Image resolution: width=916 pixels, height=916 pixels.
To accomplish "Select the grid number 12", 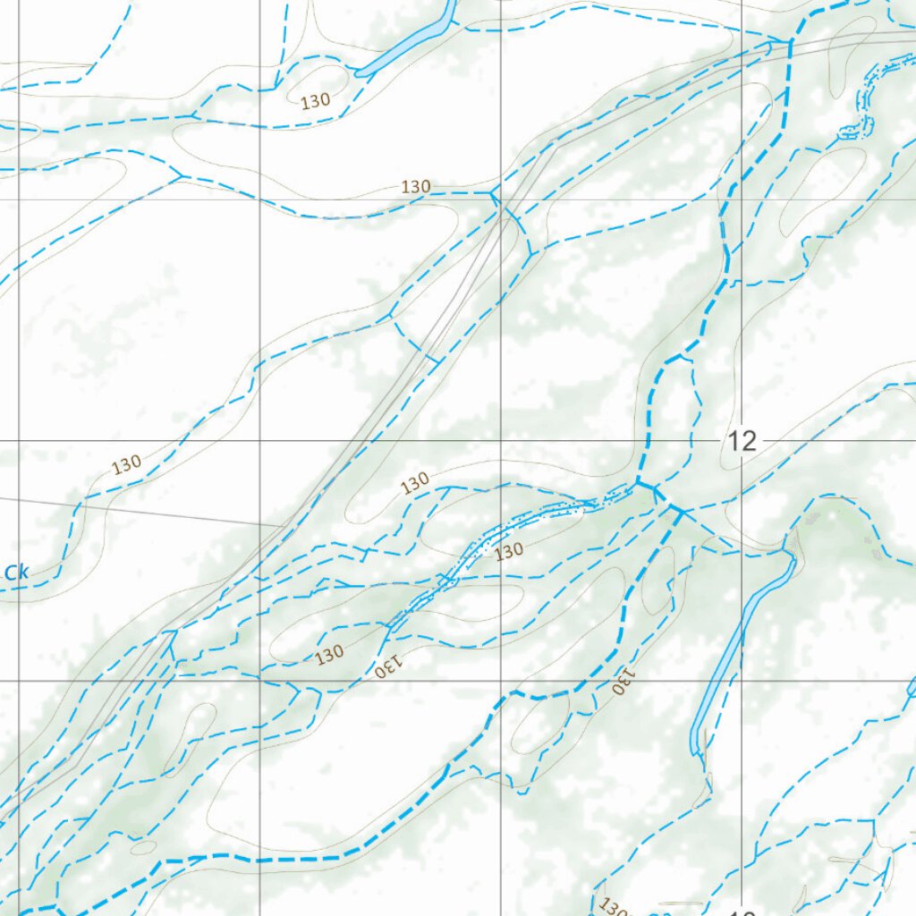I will [x=742, y=440].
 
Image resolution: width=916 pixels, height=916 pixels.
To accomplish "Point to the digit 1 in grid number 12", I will [x=734, y=440].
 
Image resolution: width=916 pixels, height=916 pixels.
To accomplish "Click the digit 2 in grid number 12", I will [x=750, y=440].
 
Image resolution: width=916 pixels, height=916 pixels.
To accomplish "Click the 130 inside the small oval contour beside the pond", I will [x=316, y=102].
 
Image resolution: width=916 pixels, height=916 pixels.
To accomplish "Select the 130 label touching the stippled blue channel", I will [x=508, y=551].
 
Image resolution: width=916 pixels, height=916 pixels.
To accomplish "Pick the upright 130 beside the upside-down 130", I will [x=329, y=655].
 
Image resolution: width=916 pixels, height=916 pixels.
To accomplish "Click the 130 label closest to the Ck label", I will [x=126, y=465].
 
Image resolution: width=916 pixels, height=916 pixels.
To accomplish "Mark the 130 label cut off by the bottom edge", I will [x=614, y=907].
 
